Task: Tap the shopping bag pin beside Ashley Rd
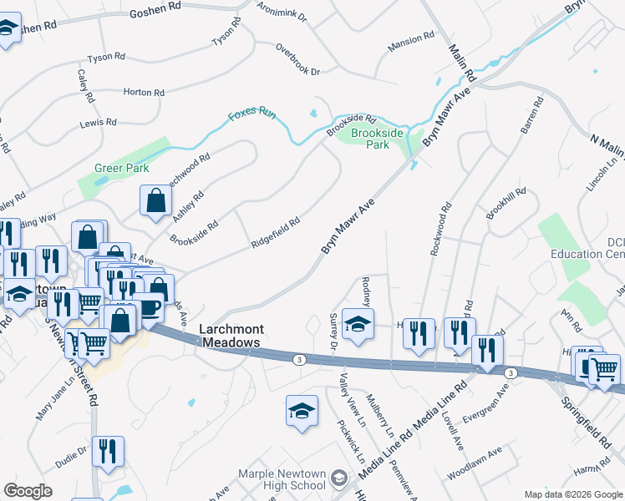155,200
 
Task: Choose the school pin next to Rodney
358,325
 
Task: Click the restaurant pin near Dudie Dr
108,451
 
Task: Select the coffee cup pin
150,308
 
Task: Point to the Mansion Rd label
411,39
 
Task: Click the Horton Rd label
143,92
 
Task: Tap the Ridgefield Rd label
276,235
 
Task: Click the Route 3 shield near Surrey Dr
298,359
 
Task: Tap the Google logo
28,491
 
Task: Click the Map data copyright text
572,494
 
